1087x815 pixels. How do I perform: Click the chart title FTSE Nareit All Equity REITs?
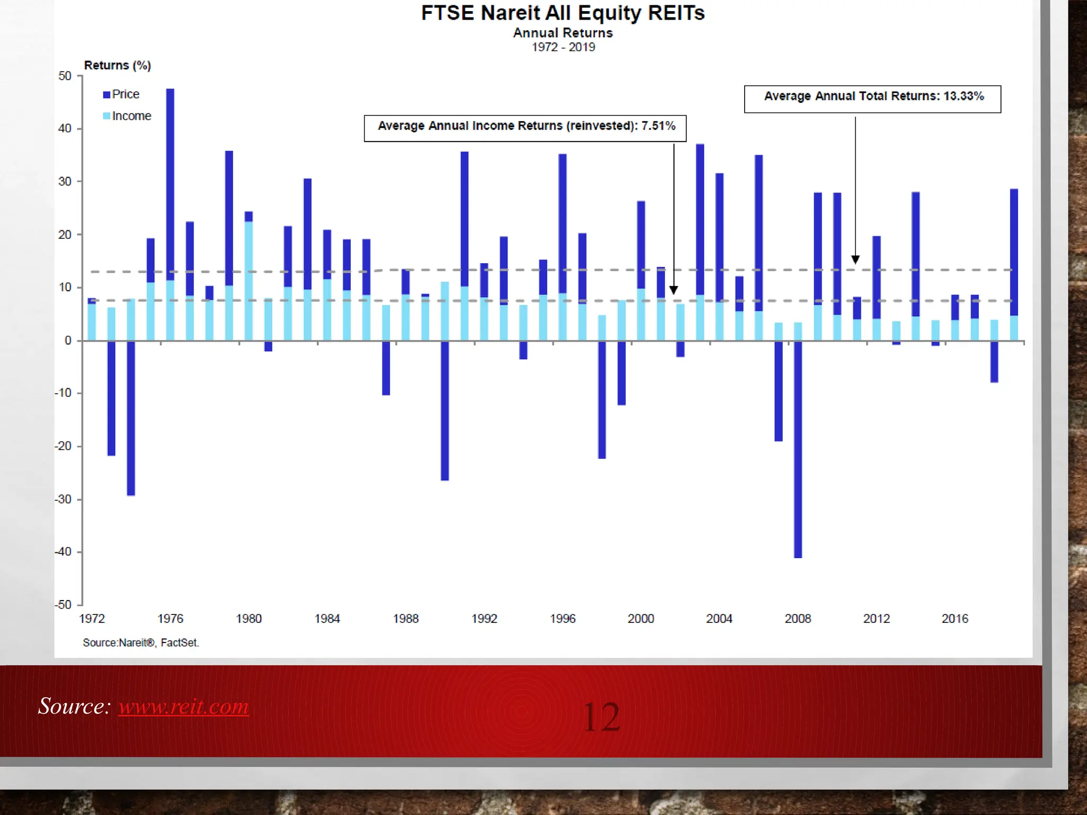pos(563,13)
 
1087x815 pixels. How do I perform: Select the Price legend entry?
pos(122,94)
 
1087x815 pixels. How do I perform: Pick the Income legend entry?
pos(127,116)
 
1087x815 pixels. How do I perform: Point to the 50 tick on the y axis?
pos(65,76)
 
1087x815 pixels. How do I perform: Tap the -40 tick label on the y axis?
pos(63,552)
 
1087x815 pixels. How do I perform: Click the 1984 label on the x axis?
pos(327,619)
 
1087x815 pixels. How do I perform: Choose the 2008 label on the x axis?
pos(798,619)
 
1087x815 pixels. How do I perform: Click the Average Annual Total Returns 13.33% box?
pos(873,99)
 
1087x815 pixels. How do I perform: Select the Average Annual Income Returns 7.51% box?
pos(525,128)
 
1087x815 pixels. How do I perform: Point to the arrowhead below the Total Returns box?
pos(856,259)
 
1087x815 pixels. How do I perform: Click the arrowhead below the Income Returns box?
pos(674,290)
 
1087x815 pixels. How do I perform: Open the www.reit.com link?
pos(184,706)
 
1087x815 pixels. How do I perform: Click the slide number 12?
pos(601,717)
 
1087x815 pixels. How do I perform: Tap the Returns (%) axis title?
pos(117,65)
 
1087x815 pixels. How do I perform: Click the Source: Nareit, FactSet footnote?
pos(141,643)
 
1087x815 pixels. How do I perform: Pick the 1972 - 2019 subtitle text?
pos(563,47)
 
